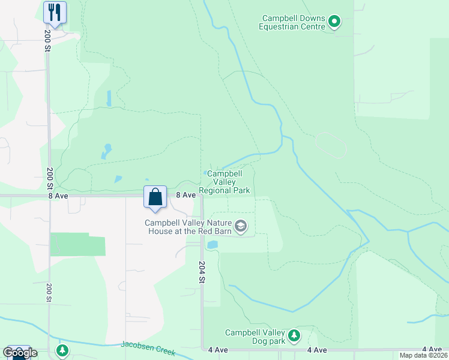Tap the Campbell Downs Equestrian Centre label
point(292,23)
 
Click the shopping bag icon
point(155,197)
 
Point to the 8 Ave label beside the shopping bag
point(185,195)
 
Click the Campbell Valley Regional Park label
point(224,182)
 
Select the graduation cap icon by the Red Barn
point(241,226)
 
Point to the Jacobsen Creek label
point(147,346)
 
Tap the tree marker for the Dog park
point(294,335)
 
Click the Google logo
point(19,353)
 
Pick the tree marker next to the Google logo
point(62,350)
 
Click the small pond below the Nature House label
point(212,245)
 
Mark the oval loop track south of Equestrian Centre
point(331,145)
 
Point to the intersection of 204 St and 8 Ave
point(202,196)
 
